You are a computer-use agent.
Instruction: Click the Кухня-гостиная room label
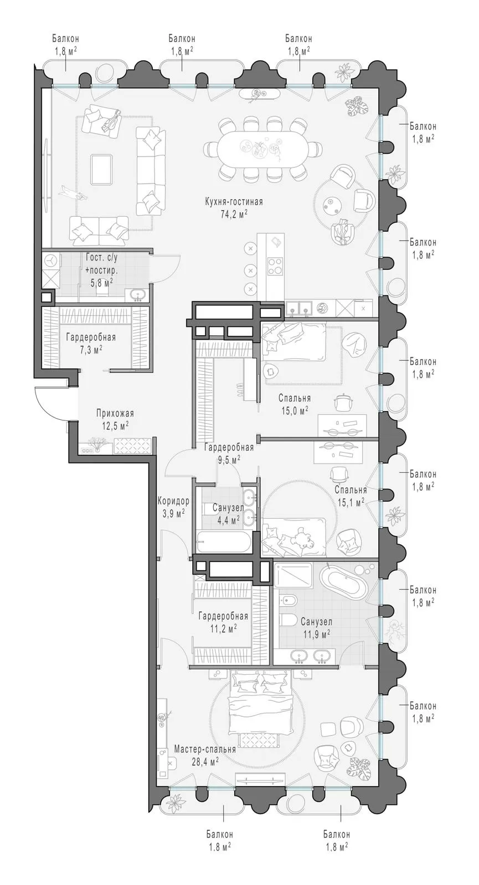click(234, 202)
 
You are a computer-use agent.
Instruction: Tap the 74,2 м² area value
click(234, 214)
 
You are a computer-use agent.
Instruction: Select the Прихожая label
click(115, 413)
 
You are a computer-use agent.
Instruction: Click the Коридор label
click(173, 501)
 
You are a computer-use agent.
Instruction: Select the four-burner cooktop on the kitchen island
click(275, 265)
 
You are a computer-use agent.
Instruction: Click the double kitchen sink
click(299, 308)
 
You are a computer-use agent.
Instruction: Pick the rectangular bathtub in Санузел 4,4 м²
click(224, 542)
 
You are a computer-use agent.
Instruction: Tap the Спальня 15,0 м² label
click(295, 404)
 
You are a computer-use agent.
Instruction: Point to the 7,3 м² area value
click(91, 350)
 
